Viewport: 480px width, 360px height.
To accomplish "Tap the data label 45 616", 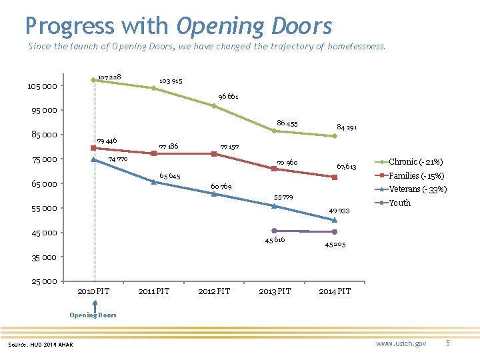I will pyautogui.click(x=274, y=240).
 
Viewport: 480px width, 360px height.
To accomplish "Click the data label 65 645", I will pyautogui.click(x=169, y=176).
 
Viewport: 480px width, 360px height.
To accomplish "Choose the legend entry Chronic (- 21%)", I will pyautogui.click(x=415, y=162).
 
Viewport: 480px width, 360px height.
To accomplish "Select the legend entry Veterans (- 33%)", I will pyautogui.click(x=417, y=189).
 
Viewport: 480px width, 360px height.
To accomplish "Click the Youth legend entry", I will pyautogui.click(x=399, y=203).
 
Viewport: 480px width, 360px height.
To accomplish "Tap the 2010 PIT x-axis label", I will pyautogui.click(x=93, y=291).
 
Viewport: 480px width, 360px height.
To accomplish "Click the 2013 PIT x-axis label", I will pyautogui.click(x=275, y=291).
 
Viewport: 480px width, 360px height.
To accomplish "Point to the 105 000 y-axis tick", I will pyautogui.click(x=42, y=86).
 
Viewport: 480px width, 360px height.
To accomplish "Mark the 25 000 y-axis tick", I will pyautogui.click(x=44, y=281).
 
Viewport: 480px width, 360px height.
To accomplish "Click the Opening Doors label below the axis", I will pyautogui.click(x=93, y=315).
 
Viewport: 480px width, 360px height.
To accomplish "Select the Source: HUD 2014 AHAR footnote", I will pyautogui.click(x=41, y=344).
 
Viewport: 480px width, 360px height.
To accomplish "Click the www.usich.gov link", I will pyautogui.click(x=401, y=343).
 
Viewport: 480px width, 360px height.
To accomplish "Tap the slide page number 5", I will pyautogui.click(x=448, y=343).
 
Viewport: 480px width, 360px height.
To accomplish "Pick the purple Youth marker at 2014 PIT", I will pyautogui.click(x=335, y=231).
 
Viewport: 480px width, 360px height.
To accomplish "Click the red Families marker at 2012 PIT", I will pyautogui.click(x=214, y=154).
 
